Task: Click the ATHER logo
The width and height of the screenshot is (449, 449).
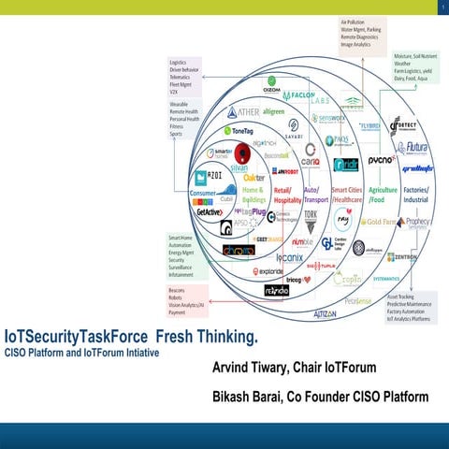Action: point(242,112)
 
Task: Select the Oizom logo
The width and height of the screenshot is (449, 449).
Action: point(270,91)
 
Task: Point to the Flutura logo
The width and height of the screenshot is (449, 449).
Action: point(413,147)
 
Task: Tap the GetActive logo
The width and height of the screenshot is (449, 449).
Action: point(209,212)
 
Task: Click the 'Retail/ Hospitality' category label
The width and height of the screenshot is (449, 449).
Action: point(288,195)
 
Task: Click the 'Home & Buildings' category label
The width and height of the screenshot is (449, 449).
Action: point(254,195)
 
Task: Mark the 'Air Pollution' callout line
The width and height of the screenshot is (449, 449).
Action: point(354,20)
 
